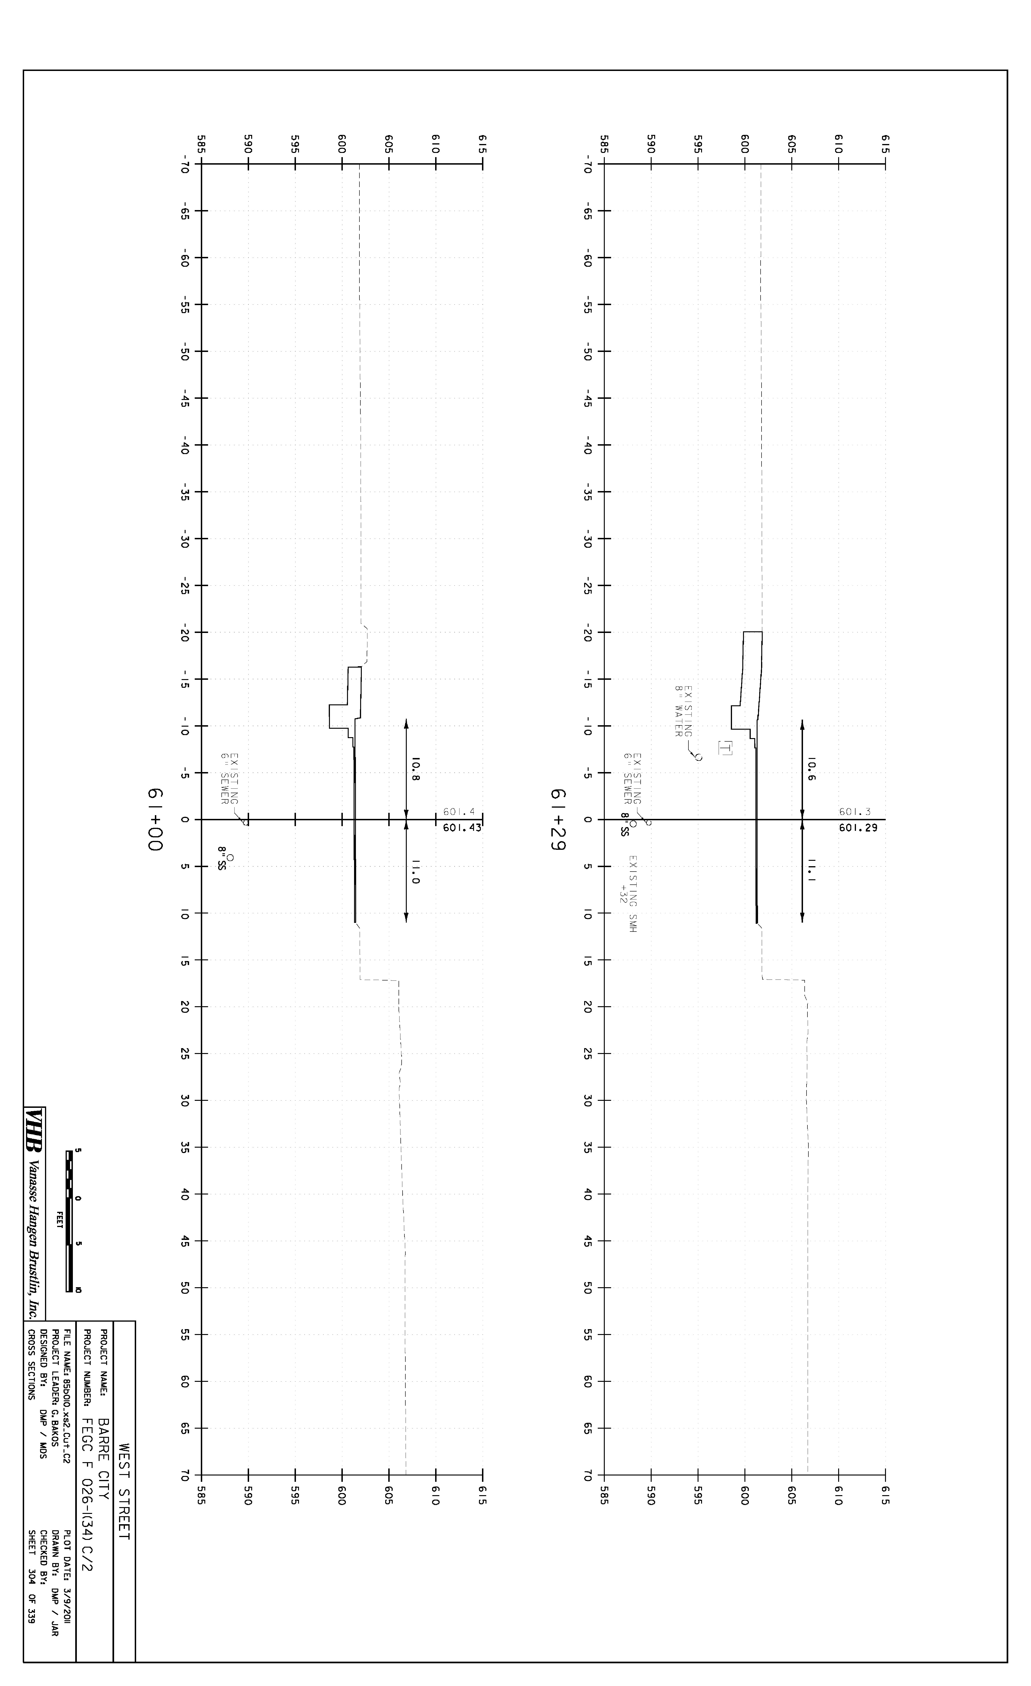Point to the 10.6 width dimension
click(x=811, y=769)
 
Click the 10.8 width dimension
click(x=415, y=769)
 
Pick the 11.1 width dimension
click(x=811, y=870)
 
